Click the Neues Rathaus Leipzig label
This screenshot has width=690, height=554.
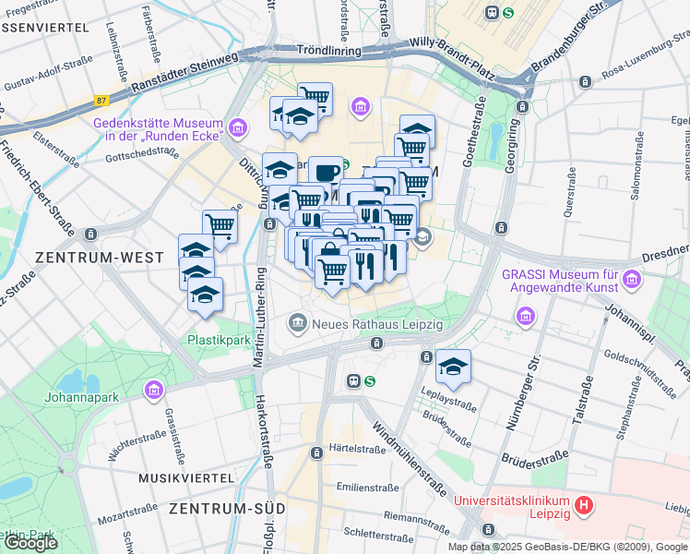pos(378,324)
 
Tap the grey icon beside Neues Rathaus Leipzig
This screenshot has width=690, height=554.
pos(298,323)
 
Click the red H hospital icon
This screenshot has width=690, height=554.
pos(582,506)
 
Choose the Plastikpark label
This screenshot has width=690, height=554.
pos(220,339)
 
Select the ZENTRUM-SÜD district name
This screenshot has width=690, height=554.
pos(226,509)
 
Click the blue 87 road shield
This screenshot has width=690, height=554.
pos(102,100)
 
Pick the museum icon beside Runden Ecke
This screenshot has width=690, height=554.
pos(239,126)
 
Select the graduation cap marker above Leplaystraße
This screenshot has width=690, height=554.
pos(453,367)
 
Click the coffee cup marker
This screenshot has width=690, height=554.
pos(325,172)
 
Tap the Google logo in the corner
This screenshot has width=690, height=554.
pos(30,542)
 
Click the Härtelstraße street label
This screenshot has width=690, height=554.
pos(357,450)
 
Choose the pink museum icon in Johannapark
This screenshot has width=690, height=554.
pos(152,391)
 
